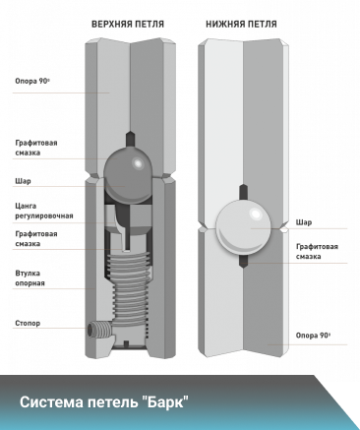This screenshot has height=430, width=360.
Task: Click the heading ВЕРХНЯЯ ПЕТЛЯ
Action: point(128,25)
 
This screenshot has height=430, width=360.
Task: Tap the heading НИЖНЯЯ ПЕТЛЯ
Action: point(241,25)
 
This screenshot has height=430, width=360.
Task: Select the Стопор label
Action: point(28,324)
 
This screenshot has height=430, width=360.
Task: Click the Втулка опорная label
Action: point(30,278)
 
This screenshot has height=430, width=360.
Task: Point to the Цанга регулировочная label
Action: point(44,211)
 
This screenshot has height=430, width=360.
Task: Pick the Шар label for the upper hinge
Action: point(23,181)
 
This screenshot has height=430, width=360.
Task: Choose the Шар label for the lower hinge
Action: point(304,222)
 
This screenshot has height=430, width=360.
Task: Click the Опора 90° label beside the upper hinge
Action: point(32,81)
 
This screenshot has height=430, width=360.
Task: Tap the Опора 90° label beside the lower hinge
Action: point(313,336)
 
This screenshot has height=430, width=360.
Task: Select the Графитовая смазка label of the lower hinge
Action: point(317,251)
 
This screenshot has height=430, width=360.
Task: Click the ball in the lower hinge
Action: point(243,226)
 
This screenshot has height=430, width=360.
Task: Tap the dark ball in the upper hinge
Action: point(129,175)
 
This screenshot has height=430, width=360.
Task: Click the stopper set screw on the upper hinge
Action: point(98,329)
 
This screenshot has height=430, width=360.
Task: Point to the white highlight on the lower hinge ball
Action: point(256,215)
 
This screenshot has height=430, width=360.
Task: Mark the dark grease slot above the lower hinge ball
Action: point(243,192)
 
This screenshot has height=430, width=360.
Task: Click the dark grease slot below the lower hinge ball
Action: point(243,261)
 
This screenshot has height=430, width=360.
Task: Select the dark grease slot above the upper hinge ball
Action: point(130,139)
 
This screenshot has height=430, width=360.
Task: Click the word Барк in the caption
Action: point(166,402)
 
